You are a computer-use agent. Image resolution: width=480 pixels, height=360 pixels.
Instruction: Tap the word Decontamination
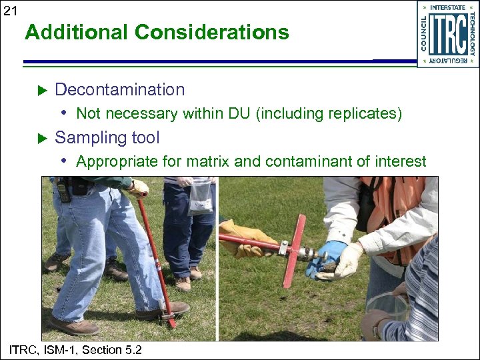120,89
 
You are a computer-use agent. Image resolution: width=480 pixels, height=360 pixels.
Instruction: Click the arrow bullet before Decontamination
40,89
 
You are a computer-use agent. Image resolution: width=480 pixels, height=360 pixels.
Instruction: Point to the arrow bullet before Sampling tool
40,138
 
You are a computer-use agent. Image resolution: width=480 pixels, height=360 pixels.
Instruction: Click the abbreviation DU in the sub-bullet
239,114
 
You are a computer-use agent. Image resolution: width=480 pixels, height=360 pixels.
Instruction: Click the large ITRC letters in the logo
447,34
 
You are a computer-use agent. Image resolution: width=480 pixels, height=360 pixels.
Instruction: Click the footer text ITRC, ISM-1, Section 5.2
75,349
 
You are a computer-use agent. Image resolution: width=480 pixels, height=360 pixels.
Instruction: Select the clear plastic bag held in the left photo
200,198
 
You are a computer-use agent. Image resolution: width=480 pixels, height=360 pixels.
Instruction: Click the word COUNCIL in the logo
424,34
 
